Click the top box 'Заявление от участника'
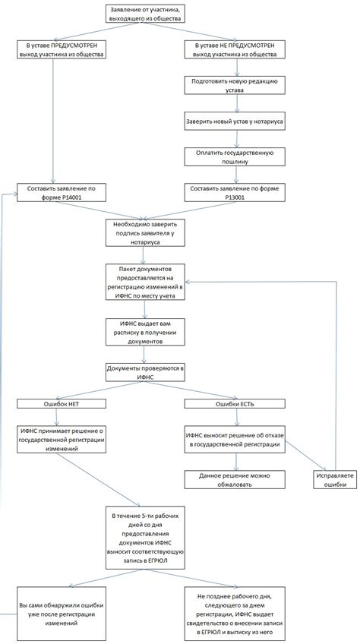(144, 14)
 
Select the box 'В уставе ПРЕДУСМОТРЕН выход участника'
(62, 49)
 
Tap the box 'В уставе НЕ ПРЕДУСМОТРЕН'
(235, 49)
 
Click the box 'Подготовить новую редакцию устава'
(235, 85)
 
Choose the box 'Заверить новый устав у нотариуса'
(235, 122)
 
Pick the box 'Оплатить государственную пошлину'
(235, 157)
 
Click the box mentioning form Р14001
(62, 193)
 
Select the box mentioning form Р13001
(235, 193)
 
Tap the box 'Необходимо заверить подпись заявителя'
(145, 232)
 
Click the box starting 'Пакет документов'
(145, 282)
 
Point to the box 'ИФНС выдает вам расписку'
(145, 331)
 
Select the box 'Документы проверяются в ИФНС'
(145, 372)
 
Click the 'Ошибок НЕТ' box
(62, 404)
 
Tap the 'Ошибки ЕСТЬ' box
(235, 404)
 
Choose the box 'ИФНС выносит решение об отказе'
(235, 440)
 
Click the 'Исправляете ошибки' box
(335, 479)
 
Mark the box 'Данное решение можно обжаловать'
(235, 479)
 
